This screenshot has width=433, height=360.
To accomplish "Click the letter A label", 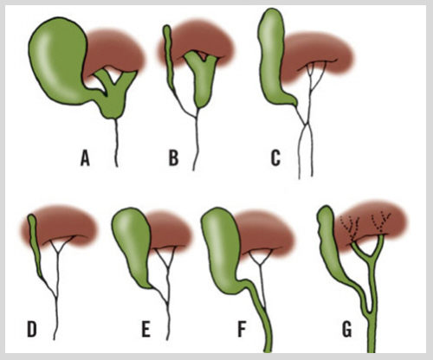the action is [85, 158].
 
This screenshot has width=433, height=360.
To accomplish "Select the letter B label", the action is [173, 158].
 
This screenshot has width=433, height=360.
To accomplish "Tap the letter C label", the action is [275, 158].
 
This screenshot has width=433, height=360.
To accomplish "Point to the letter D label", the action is [32, 330].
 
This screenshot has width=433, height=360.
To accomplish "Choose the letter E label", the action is [146, 330].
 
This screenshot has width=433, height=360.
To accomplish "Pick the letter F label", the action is [242, 330].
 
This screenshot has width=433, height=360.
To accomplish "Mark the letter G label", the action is [346, 330].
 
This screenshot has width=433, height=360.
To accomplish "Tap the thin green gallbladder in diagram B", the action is [169, 58].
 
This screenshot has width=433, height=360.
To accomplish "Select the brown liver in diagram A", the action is [115, 52].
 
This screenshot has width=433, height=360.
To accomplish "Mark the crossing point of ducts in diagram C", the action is [306, 125].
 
